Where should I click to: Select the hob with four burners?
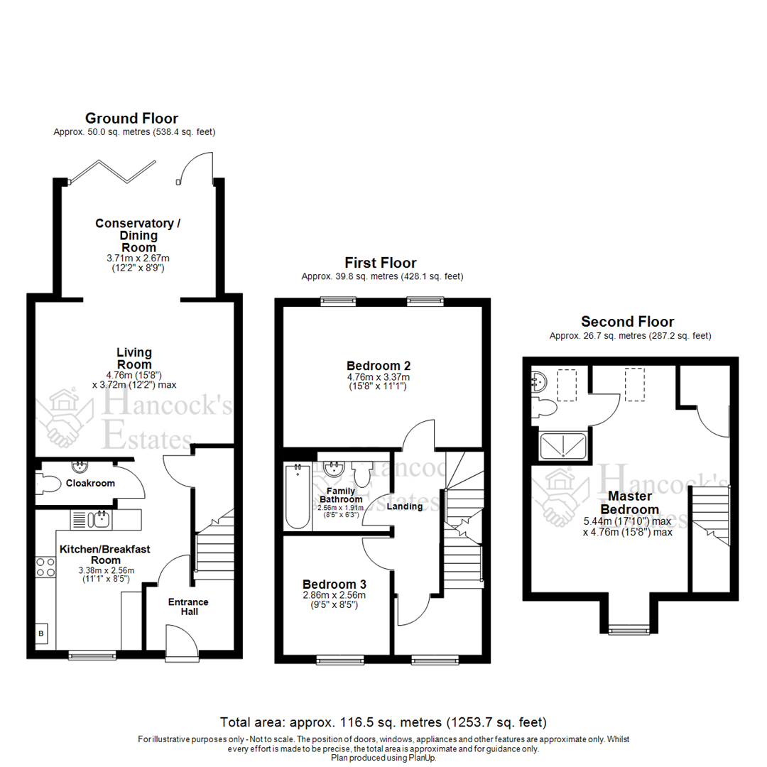point(46,566)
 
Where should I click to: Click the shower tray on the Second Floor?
point(563,446)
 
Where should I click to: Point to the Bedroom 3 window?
point(338,660)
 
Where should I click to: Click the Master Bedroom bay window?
point(629,629)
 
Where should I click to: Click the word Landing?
point(406,506)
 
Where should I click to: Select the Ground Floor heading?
point(131,119)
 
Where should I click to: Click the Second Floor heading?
point(627,322)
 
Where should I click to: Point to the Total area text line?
point(383,722)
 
